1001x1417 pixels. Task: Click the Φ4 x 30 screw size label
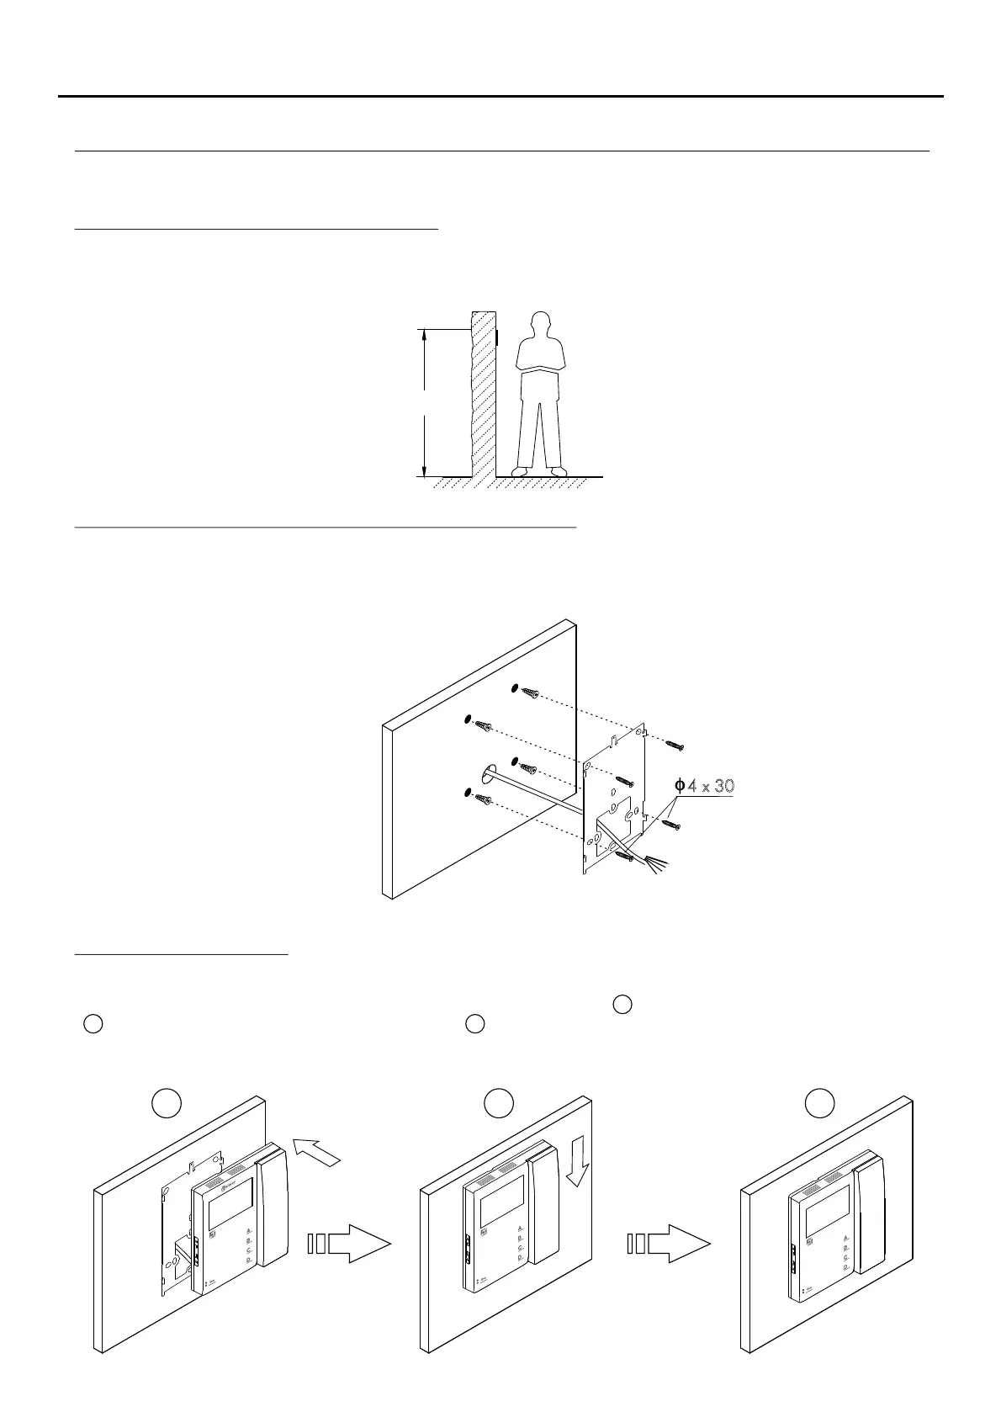point(706,786)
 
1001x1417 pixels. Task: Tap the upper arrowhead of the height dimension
point(424,335)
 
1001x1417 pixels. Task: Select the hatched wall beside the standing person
point(483,395)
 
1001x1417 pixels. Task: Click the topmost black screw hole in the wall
point(514,689)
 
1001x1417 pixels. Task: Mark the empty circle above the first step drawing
point(166,1103)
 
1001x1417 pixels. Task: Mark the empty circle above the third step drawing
point(820,1103)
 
